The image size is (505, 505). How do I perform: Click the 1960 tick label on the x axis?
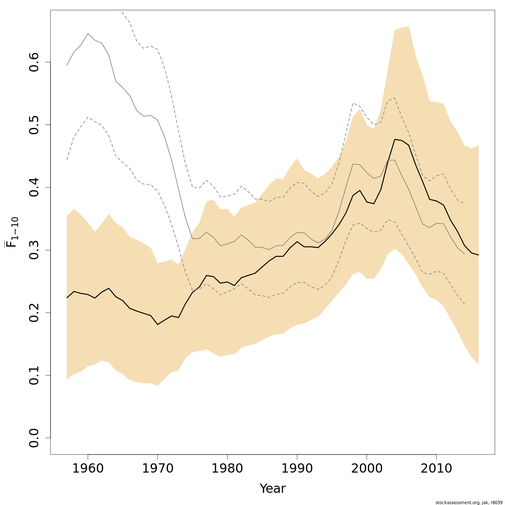point(88,469)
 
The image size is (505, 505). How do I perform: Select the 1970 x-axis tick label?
point(157,469)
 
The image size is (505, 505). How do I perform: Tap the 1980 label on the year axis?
point(227,469)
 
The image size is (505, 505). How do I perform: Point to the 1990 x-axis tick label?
point(297,469)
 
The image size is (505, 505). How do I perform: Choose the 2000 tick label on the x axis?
point(367,469)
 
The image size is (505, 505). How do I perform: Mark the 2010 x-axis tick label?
point(436,469)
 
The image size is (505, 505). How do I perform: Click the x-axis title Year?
point(273,489)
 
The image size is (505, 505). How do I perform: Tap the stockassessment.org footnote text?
point(469,502)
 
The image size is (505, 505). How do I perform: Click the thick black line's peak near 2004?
point(395,139)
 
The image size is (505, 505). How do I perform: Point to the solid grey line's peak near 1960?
point(88,34)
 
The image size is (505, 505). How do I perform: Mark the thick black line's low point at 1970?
point(157,324)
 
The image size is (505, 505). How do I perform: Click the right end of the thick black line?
point(478,255)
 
